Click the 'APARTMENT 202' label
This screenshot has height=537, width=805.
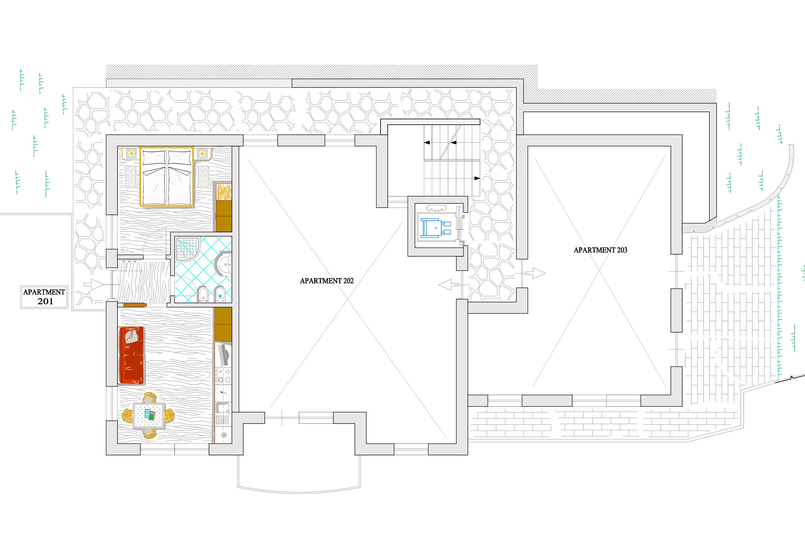327,281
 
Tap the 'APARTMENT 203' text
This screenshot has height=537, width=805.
600,250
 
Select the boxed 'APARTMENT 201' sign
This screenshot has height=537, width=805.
44,297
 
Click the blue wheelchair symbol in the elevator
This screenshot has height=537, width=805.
435,228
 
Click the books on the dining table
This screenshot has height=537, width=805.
149,414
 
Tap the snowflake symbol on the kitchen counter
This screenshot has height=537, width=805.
224,435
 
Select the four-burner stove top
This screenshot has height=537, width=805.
223,376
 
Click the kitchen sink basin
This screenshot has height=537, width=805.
223,408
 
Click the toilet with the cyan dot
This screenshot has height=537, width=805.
220,294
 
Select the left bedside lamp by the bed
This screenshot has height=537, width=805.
131,154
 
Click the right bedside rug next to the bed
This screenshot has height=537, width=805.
203,177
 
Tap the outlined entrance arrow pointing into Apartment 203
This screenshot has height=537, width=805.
535,273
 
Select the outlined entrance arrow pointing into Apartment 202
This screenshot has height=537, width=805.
449,284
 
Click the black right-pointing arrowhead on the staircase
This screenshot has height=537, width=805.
477,178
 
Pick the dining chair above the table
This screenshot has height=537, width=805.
149,398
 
